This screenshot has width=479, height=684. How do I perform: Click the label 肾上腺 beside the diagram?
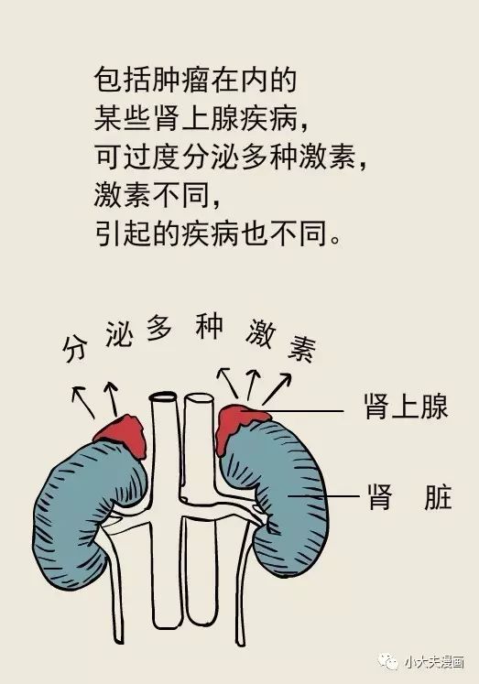click(406, 407)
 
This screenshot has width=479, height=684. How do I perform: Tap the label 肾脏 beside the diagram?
click(410, 496)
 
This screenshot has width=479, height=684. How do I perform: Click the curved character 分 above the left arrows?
click(75, 348)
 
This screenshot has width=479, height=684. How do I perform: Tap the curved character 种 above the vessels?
click(210, 326)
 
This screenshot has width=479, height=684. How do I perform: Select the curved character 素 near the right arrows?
click(302, 349)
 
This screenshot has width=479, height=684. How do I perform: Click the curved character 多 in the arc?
click(158, 327)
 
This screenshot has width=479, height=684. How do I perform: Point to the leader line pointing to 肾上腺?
click(301, 410)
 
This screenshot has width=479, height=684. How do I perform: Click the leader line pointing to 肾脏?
click(322, 496)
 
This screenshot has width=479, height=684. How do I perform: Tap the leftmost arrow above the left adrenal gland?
click(83, 402)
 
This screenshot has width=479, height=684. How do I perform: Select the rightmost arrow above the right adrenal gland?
click(277, 388)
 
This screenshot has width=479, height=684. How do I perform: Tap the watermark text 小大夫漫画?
click(433, 662)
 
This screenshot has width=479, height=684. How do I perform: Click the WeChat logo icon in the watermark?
click(388, 662)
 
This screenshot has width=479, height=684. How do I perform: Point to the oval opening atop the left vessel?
click(163, 396)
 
